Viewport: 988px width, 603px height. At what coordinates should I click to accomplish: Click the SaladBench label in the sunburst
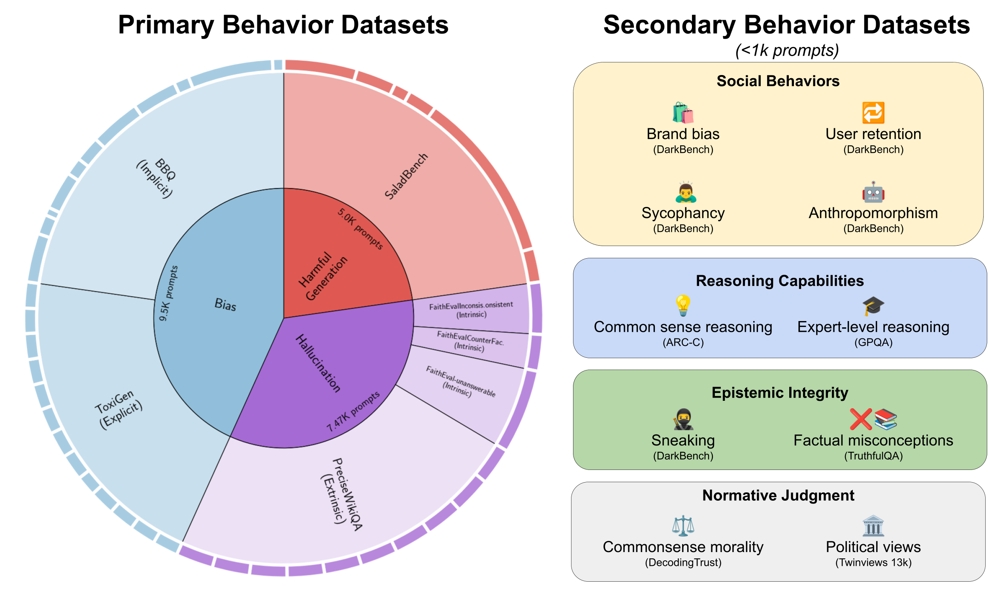(406, 176)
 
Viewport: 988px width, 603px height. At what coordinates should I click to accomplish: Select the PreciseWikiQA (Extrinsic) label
(343, 494)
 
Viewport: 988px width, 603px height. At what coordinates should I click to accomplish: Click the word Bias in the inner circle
(225, 305)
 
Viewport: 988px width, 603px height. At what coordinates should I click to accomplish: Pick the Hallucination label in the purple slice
(318, 363)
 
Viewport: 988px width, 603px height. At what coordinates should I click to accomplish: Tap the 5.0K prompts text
(360, 229)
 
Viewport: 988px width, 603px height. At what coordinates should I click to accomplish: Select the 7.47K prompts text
(353, 411)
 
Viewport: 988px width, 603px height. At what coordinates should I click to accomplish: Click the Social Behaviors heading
(778, 81)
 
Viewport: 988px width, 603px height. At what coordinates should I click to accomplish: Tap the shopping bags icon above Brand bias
(683, 113)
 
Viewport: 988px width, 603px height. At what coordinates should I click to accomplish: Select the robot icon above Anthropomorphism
(873, 192)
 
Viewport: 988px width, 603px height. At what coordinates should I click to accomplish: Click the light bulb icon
(683, 305)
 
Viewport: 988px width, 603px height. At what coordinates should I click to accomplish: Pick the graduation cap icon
(873, 306)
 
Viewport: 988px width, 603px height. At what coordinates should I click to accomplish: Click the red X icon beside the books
(860, 419)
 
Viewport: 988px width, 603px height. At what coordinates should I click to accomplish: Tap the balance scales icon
(683, 526)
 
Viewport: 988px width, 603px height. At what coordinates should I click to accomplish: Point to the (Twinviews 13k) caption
(873, 563)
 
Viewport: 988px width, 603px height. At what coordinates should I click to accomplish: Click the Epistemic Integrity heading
(779, 393)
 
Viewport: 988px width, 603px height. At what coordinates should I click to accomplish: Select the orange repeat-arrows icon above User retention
(873, 113)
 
